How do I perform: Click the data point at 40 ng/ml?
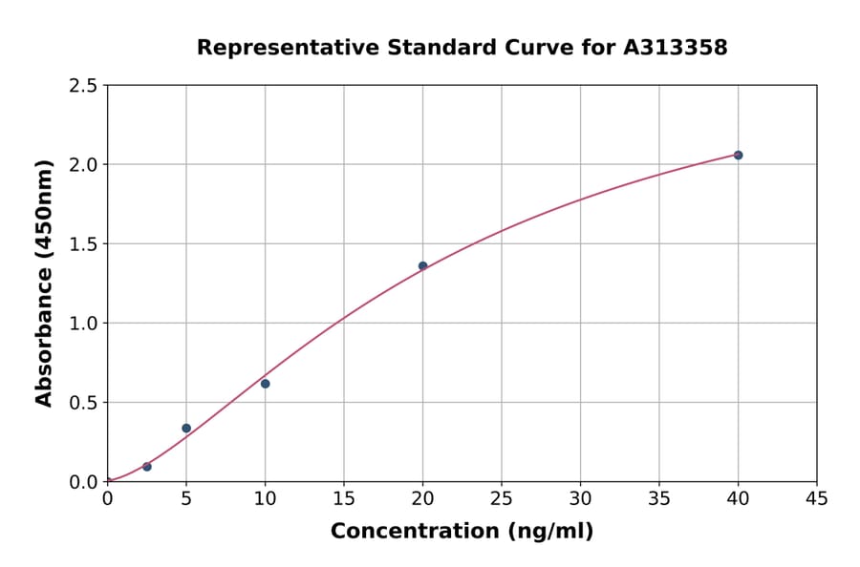coord(738,155)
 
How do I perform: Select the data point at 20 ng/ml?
coord(422,266)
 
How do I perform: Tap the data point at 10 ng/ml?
coord(265,384)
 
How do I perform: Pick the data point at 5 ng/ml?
coord(186,428)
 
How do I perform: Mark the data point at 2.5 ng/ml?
coord(147,467)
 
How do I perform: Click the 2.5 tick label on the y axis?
coord(84,86)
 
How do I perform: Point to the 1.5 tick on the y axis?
coord(84,244)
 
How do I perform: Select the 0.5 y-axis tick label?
coord(84,403)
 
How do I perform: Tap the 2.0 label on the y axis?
coord(84,165)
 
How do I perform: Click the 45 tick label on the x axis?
coord(817,497)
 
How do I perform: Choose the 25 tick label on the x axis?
coord(502,497)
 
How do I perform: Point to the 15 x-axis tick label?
coord(344,497)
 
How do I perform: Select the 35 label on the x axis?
coord(659,497)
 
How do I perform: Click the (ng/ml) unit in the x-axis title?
coord(548,532)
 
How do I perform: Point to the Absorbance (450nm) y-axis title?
coord(44,283)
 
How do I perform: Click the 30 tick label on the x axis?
coord(580,497)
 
